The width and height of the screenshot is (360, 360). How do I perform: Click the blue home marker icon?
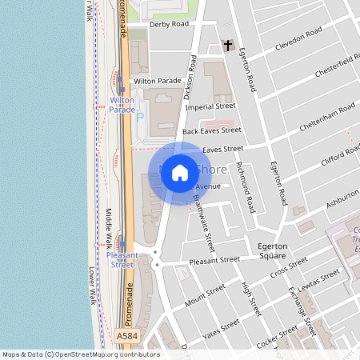180,173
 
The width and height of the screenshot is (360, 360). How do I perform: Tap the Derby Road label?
169,24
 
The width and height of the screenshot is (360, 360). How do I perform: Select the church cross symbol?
227,45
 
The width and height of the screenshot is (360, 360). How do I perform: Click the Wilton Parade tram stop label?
122,105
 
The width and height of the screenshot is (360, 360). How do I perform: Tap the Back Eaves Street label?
211,130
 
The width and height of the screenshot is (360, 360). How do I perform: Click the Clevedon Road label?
298,36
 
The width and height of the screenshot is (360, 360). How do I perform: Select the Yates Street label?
222,328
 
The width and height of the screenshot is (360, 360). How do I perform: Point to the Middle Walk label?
110,230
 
